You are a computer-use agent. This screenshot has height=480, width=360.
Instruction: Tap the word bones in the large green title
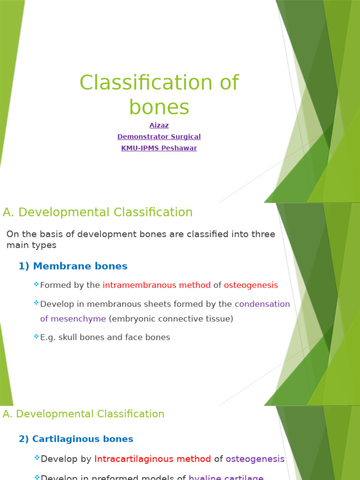click(x=159, y=107)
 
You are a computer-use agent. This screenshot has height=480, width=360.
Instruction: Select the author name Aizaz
click(x=159, y=125)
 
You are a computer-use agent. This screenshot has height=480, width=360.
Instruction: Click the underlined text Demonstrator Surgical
click(x=159, y=137)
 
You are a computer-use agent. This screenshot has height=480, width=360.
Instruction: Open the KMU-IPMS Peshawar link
click(x=159, y=148)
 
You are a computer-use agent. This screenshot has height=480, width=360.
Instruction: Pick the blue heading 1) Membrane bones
click(x=73, y=266)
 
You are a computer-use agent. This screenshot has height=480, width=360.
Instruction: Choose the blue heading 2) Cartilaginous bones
click(x=76, y=439)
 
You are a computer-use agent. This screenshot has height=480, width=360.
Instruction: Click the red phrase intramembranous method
click(x=157, y=285)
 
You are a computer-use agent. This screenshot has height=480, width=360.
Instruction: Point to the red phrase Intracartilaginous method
click(x=153, y=459)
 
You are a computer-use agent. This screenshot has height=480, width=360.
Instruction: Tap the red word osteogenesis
click(x=251, y=285)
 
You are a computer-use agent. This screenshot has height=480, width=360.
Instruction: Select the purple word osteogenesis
click(x=255, y=459)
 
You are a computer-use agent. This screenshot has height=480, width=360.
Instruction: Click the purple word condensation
click(x=262, y=304)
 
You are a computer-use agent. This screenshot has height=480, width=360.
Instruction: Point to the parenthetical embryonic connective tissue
click(x=171, y=319)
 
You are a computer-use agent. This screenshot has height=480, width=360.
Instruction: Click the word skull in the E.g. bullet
click(x=67, y=337)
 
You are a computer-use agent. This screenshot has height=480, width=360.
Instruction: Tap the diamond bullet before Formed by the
click(x=36, y=284)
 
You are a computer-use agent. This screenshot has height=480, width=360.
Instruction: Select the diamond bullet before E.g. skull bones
click(x=36, y=336)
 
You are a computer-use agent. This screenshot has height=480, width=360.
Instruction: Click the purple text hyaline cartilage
click(x=226, y=477)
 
